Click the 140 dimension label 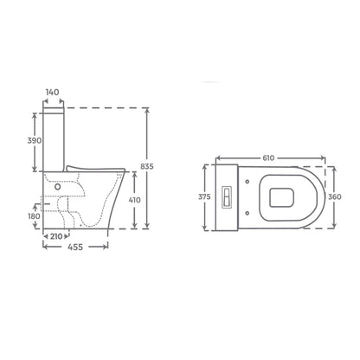point(52,93)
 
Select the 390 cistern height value point(35,140)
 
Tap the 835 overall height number point(147,166)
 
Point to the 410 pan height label point(134,200)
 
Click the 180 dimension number point(34,215)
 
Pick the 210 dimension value point(56,236)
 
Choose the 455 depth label point(75,247)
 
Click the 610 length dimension point(268,158)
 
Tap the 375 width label point(204,196)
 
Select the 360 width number point(335,196)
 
